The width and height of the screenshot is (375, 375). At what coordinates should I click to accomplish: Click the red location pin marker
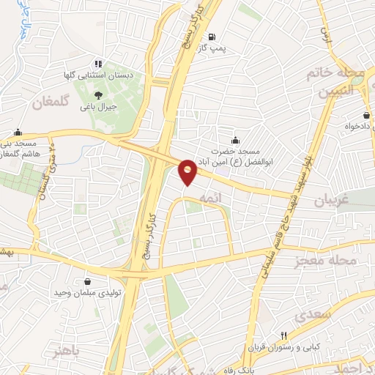click(x=188, y=171)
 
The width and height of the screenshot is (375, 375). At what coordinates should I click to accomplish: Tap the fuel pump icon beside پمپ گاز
click(x=212, y=37)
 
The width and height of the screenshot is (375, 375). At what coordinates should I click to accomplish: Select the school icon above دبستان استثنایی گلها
click(x=98, y=63)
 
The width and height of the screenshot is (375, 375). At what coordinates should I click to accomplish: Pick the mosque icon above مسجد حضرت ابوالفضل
click(x=235, y=140)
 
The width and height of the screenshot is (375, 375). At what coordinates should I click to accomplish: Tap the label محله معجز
click(x=326, y=261)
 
